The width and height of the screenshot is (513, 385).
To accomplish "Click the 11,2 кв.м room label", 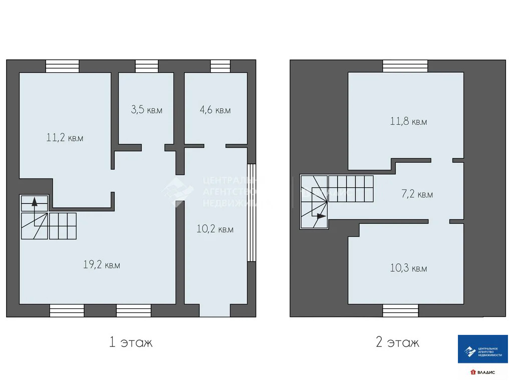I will click(x=65, y=138).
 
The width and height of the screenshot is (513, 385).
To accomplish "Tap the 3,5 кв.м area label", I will click(x=146, y=110).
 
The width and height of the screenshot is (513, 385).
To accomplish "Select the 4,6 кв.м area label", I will click(x=215, y=110).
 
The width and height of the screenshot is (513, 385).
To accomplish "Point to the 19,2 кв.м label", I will click(x=101, y=265).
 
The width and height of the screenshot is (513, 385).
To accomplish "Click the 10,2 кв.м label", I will click(x=215, y=229).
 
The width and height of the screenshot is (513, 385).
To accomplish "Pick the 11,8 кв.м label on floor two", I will click(x=408, y=121).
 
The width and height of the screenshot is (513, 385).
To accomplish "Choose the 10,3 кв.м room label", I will click(x=408, y=268).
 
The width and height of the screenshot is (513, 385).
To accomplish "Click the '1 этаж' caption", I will click(x=131, y=342).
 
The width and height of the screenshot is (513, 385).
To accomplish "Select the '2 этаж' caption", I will click(x=397, y=342).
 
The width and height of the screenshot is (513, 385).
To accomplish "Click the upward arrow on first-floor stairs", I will click(x=34, y=203).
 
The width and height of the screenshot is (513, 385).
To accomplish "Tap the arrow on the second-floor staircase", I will click(x=320, y=216).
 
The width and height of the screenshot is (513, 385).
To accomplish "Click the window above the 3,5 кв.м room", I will click(x=147, y=66).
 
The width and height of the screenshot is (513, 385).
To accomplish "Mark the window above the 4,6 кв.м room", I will click(x=220, y=66).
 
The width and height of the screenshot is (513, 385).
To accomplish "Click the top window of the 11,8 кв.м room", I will click(x=405, y=66).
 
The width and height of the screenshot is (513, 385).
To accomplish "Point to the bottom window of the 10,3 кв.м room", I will click(x=400, y=311).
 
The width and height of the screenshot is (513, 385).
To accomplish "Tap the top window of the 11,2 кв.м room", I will click(x=62, y=66).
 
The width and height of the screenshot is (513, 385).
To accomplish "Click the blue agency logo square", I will click(x=483, y=349).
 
